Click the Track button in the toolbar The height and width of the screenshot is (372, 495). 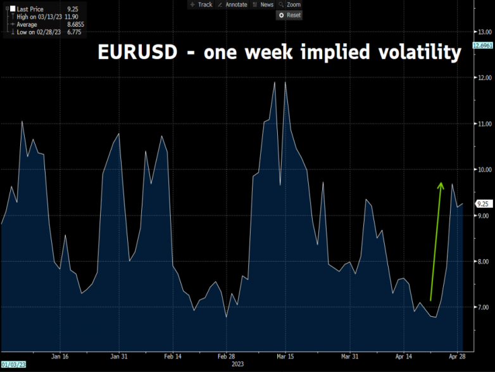(201, 4)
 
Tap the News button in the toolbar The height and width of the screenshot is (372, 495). (263, 4)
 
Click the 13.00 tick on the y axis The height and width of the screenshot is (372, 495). (484, 31)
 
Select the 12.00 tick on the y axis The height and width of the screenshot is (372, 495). (484, 77)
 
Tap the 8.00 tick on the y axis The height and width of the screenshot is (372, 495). (484, 261)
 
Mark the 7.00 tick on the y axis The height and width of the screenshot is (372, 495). (484, 307)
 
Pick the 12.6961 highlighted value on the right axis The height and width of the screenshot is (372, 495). (483, 46)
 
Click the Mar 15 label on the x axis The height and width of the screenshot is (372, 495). (285, 357)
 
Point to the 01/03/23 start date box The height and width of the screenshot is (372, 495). (13, 364)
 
